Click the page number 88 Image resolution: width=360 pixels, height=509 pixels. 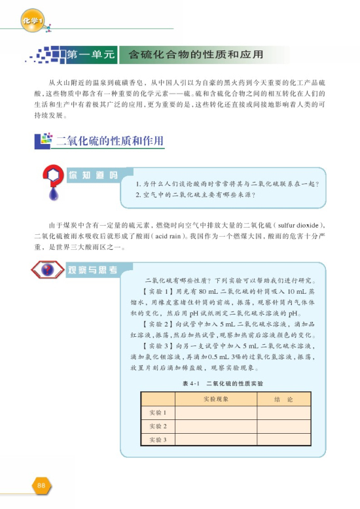coord(41,485)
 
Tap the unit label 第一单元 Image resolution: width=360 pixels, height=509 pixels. coord(90,53)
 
